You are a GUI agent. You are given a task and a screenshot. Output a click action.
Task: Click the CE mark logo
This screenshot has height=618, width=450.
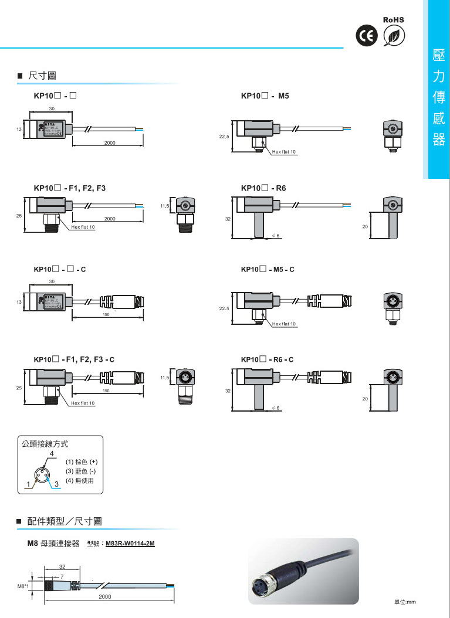pyautogui.click(x=366, y=36)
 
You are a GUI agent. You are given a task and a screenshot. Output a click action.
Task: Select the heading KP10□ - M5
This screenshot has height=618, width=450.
pyautogui.click(x=265, y=95)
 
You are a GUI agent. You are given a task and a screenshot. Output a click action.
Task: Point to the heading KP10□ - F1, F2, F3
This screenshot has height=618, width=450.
pyautogui.click(x=69, y=188)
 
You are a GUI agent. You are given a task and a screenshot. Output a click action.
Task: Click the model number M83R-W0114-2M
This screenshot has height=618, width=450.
pyautogui.click(x=130, y=544)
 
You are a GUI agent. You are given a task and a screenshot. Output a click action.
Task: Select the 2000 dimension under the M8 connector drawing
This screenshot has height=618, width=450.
pyautogui.click(x=105, y=596)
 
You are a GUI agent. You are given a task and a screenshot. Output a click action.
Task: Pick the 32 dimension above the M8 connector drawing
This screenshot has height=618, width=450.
pyautogui.click(x=62, y=566)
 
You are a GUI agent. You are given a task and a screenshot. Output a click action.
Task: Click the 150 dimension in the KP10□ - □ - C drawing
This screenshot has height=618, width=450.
pyautogui.click(x=106, y=315)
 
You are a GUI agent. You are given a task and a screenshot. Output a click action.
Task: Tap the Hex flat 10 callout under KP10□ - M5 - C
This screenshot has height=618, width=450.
pyautogui.click(x=285, y=324)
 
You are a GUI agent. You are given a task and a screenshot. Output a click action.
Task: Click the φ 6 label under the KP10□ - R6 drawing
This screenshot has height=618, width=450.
pyautogui.click(x=276, y=235)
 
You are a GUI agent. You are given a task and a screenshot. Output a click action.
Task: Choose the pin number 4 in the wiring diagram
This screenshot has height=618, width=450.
pyautogui.click(x=52, y=454)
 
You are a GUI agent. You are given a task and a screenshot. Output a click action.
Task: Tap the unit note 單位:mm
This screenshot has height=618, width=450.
pyautogui.click(x=404, y=602)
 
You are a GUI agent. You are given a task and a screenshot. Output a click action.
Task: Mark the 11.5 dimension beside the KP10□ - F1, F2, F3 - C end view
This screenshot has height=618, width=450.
pyautogui.click(x=165, y=378)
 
